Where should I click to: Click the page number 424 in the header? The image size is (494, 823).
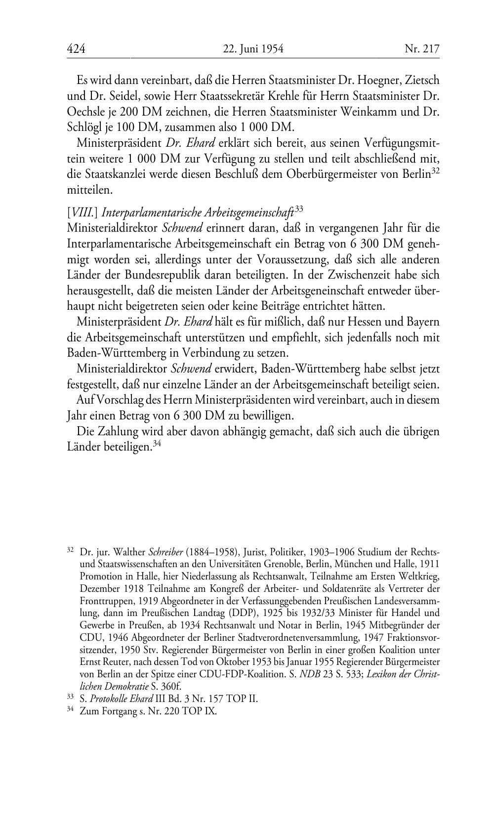point(76,49)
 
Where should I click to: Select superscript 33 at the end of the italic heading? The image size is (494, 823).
point(298,209)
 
